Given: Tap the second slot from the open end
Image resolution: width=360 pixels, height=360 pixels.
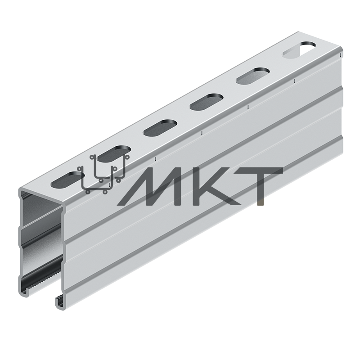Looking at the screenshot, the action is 114,153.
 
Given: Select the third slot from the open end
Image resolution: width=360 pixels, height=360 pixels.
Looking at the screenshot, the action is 160,127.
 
